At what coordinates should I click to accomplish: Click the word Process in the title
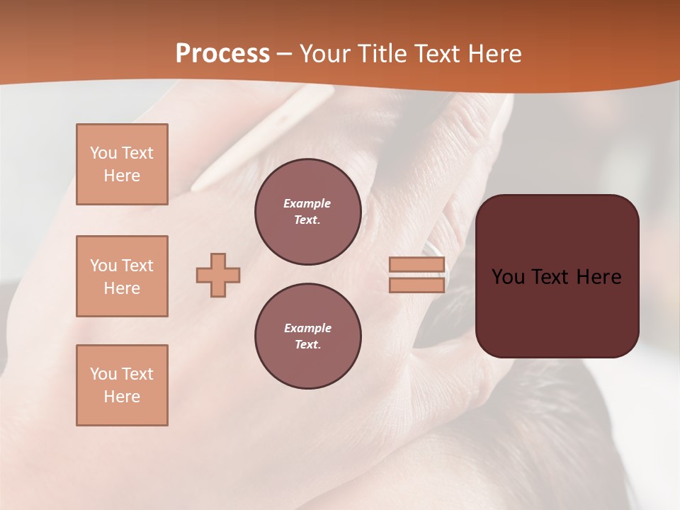[x=222, y=54]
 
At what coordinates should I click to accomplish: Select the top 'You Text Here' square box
[x=122, y=164]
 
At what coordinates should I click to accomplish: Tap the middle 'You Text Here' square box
[x=122, y=276]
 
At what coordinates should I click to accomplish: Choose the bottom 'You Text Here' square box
[x=122, y=385]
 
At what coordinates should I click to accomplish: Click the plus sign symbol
[x=218, y=275]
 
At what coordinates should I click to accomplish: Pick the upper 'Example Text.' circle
[x=307, y=211]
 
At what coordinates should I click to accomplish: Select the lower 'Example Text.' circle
[x=307, y=336]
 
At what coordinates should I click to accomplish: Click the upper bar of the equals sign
[x=416, y=265]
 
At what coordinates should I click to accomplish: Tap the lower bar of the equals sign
[x=416, y=285]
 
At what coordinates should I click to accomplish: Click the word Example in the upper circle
[x=307, y=203]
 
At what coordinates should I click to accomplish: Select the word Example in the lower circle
[x=307, y=328]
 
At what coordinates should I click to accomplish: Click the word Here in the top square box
[x=122, y=176]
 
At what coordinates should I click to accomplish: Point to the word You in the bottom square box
[x=103, y=374]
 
